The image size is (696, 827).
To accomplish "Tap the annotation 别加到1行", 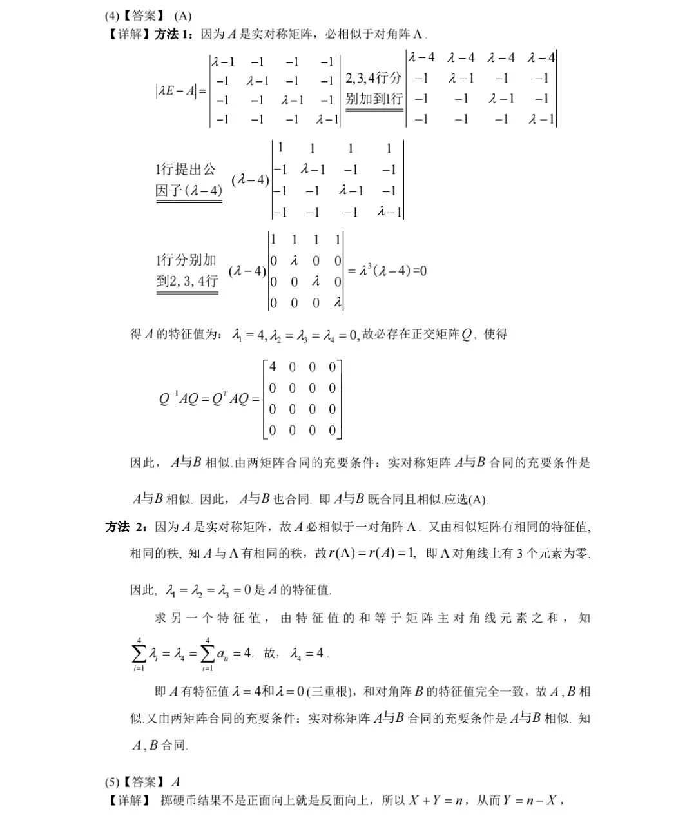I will [374, 99].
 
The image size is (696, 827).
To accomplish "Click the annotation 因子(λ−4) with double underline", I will [189, 191].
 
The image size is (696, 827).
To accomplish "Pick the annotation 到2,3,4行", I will [187, 281].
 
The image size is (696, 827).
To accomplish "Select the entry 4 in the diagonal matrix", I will [273, 367].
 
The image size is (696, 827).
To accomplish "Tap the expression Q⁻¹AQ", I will [179, 399].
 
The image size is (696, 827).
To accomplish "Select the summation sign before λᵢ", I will [139, 653].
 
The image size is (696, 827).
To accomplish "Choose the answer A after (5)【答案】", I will [176, 783].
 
